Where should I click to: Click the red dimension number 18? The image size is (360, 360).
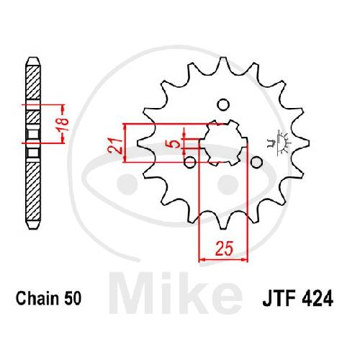click(63, 124)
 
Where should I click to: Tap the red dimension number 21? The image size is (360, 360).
click(115, 145)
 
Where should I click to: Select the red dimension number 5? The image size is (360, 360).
click(176, 144)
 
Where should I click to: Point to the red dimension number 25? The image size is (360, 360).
click(224, 248)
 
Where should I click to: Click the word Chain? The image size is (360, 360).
click(37, 298)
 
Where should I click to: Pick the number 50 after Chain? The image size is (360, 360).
click(72, 298)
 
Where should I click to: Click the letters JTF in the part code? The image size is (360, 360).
click(279, 299)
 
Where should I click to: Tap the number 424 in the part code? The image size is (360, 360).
click(316, 299)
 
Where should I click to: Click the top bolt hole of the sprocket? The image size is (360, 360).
click(223, 105)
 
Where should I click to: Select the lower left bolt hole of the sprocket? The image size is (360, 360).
click(190, 162)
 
